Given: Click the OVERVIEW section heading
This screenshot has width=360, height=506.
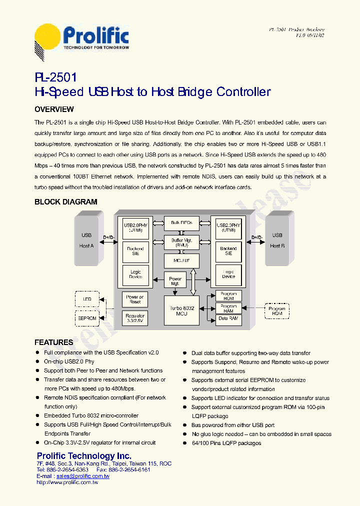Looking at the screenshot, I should pos(54,109).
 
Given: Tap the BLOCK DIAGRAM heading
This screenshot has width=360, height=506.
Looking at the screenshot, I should pos(65,202).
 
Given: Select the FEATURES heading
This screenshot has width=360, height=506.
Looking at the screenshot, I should pos(53,342).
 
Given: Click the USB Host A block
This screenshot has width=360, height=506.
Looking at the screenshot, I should pos(86,240).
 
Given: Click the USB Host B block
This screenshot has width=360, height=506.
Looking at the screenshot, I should pos(277,240).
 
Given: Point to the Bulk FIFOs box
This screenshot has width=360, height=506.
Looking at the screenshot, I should pos(181,223).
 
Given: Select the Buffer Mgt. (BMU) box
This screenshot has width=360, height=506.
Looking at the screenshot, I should pos(181,242).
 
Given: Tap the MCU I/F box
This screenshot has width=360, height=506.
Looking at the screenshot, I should pos(181,260).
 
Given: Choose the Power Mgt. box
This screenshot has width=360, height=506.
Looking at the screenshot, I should pos(175,281).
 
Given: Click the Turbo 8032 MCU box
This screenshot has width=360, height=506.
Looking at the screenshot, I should pos(181,310).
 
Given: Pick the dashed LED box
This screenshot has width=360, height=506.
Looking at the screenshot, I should pos(87,300).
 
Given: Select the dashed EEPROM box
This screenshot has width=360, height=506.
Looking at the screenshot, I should pos(87,318).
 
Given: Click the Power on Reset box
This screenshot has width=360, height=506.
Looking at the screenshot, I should pos(134,299).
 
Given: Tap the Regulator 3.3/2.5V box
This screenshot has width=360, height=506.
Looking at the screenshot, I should pos(134,318).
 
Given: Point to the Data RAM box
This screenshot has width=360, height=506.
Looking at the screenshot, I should pos(228,318).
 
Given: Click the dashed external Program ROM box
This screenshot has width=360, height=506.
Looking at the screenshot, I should pos(276,311).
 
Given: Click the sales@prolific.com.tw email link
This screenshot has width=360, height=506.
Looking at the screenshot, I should pos(83,476).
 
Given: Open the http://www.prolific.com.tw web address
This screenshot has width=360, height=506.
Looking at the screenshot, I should pos(67,482).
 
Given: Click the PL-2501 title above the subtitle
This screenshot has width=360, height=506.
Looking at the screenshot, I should pos(56,77).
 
